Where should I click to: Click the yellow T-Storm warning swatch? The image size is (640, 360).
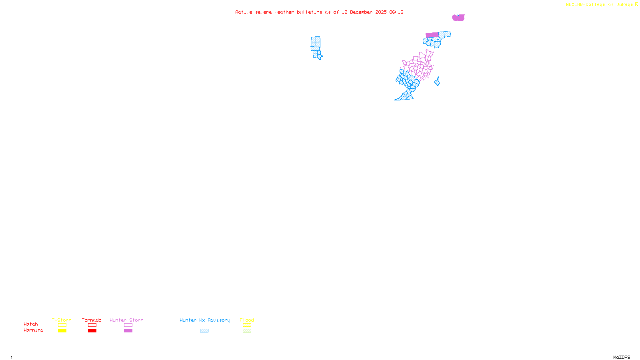click(x=62, y=331)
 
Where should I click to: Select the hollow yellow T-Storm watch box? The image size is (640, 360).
click(x=62, y=325)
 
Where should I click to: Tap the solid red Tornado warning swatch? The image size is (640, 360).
click(x=92, y=331)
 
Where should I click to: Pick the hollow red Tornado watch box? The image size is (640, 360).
click(x=92, y=325)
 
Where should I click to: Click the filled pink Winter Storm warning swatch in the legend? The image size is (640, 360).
click(x=128, y=331)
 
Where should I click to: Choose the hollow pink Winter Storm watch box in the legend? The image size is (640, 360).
click(x=128, y=325)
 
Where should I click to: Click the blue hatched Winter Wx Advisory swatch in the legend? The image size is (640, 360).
click(x=204, y=331)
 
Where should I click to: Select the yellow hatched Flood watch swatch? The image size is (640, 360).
click(x=247, y=325)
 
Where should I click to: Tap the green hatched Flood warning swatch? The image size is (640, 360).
click(x=247, y=331)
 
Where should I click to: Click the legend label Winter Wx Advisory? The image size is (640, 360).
click(x=205, y=320)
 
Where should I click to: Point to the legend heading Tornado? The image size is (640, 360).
click(x=92, y=320)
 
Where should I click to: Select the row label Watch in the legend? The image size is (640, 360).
click(x=31, y=324)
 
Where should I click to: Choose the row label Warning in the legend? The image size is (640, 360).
click(x=33, y=330)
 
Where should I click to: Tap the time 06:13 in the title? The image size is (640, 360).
click(x=396, y=12)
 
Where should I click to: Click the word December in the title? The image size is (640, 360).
click(x=361, y=12)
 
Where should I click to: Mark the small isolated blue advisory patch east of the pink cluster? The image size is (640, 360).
click(x=437, y=82)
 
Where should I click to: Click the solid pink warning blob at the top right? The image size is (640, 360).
click(x=458, y=18)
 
